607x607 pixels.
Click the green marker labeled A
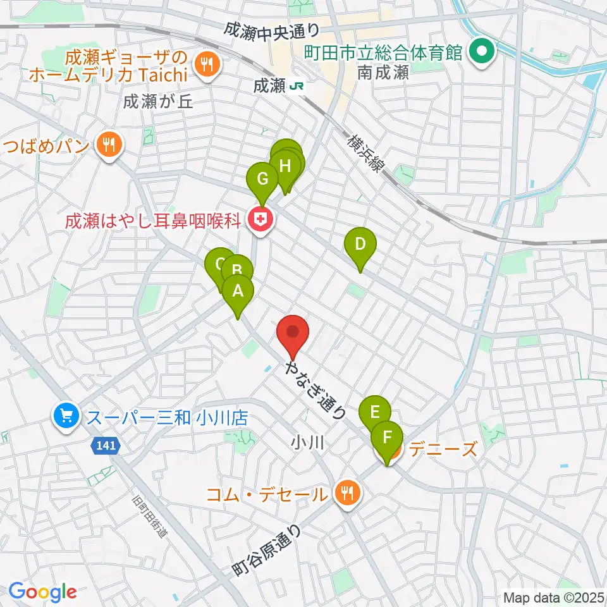click(238, 292)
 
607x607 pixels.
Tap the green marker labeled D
click(360, 245)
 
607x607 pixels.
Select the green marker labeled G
click(262, 180)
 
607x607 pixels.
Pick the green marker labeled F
click(387, 438)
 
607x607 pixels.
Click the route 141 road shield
click(106, 446)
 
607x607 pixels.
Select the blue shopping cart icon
click(66, 416)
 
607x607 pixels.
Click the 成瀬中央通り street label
click(273, 29)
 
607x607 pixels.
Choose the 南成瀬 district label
click(383, 73)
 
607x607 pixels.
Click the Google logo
click(43, 592)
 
